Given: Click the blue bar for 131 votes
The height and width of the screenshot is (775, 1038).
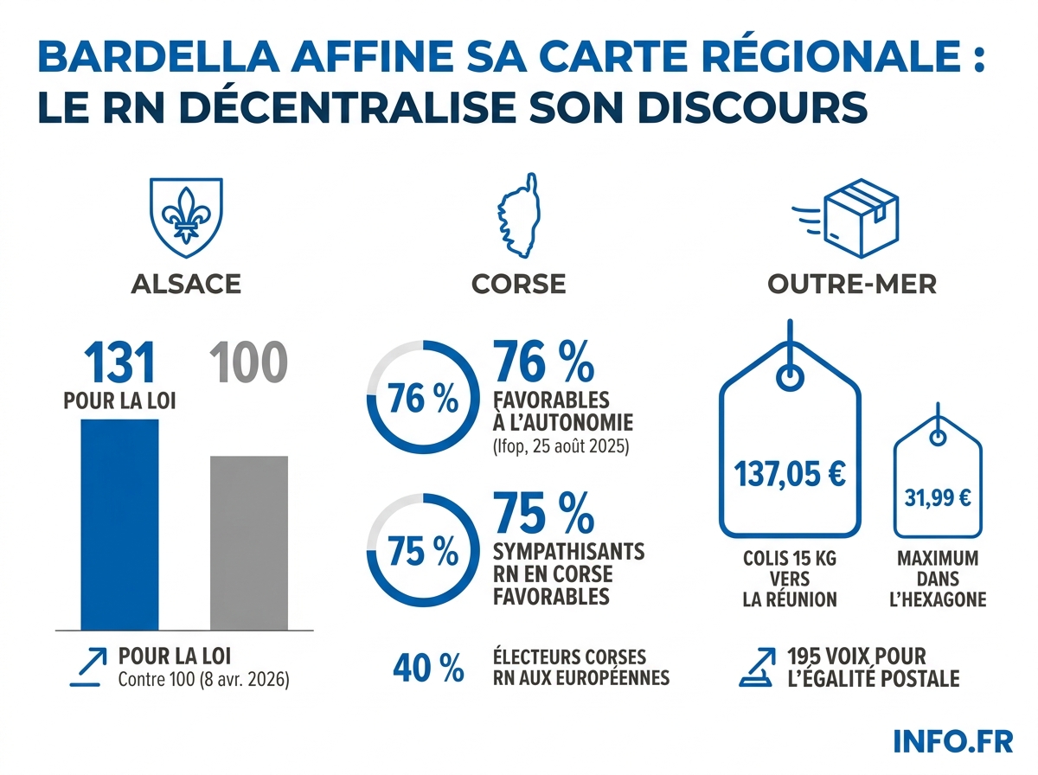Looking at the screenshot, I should [119, 523].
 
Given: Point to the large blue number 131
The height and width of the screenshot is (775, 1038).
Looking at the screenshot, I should [119, 362].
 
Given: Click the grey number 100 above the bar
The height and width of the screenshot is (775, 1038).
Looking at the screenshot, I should [249, 363].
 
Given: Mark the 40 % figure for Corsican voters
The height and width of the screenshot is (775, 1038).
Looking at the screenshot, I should [428, 668].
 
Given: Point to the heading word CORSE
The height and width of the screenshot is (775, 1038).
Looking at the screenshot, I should [519, 284].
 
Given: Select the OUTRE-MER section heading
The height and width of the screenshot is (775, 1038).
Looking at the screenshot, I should [852, 284].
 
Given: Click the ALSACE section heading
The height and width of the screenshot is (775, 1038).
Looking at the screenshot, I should [186, 284].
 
